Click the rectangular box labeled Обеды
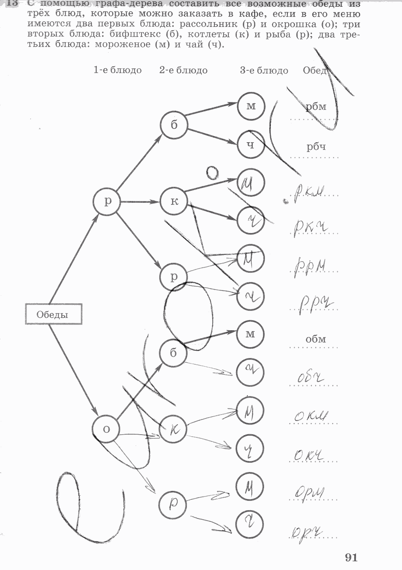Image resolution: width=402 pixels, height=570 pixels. tap(53, 314)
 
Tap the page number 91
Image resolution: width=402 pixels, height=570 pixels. tap(351, 557)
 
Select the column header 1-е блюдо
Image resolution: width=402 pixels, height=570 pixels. tap(117, 70)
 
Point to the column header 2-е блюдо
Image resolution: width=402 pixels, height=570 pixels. tap(183, 70)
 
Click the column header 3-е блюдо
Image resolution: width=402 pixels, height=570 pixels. tap(264, 71)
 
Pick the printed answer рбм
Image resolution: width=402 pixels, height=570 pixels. tap(316, 106)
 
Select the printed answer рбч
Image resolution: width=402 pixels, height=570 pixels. tap(316, 147)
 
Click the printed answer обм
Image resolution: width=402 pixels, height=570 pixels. tap(316, 339)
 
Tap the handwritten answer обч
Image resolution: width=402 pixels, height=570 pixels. tap(310, 377)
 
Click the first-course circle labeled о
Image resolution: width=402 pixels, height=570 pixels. tap(106, 429)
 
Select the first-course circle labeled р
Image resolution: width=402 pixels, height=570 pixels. tap(107, 201)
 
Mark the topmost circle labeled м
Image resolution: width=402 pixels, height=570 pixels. tap(251, 106)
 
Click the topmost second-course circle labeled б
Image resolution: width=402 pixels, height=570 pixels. tap(174, 125)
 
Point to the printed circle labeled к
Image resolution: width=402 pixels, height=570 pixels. tap(174, 201)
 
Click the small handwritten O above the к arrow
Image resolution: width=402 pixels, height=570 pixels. tap(212, 173)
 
